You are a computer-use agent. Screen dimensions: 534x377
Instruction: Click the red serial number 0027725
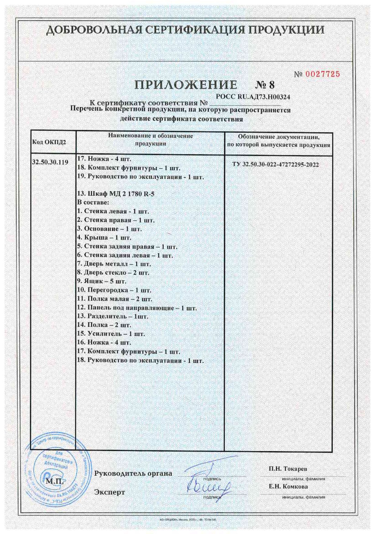[322, 74]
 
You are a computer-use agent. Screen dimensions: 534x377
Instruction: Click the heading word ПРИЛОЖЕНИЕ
[186, 85]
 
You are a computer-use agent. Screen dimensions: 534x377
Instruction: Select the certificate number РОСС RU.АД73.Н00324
[253, 97]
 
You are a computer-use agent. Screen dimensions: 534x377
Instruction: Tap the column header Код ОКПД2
[49, 142]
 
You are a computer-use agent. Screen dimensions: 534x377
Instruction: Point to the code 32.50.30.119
[50, 162]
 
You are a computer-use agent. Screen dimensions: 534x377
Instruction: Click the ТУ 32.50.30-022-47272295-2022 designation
[275, 165]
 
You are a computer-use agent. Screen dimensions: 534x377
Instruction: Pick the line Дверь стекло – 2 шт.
[113, 273]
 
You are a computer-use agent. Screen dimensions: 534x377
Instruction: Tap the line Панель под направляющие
[137, 308]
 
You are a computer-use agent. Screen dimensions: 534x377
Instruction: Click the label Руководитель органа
[133, 473]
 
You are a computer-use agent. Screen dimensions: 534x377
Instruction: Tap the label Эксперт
[109, 492]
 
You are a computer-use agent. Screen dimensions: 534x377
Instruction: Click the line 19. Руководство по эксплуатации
[141, 177]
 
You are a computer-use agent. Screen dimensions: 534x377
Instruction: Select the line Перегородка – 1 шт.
[114, 290]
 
